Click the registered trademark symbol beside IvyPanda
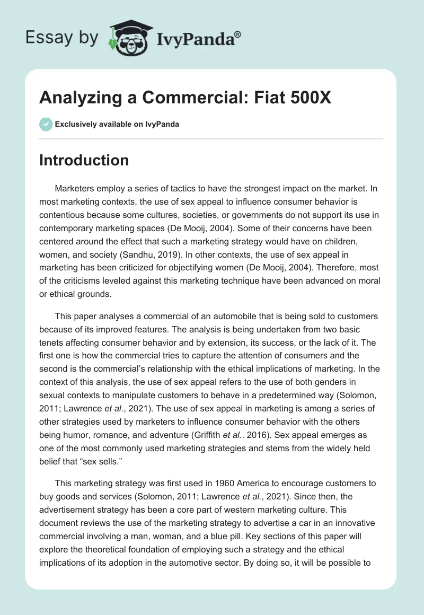[x=237, y=34]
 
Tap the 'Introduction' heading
[x=84, y=160]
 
